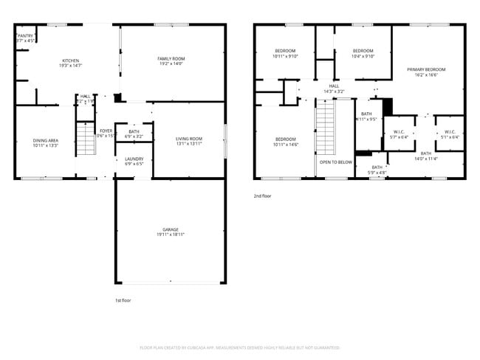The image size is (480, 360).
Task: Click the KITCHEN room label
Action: [70, 60]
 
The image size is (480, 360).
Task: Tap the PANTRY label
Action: [26, 35]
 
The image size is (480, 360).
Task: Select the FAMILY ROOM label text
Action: [171, 58]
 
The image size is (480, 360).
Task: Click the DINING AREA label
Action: [45, 140]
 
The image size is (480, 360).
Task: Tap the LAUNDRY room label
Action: [134, 159]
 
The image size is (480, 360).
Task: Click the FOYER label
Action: [106, 131]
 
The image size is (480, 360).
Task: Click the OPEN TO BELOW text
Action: [335, 162]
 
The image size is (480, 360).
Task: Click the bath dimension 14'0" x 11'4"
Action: [426, 159]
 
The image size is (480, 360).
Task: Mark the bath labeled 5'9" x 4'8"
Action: [377, 173]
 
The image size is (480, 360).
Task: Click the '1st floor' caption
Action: [123, 301]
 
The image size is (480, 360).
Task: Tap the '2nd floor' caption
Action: [263, 196]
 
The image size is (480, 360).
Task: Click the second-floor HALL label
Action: [334, 86]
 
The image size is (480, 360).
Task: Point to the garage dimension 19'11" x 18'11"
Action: [171, 235]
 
